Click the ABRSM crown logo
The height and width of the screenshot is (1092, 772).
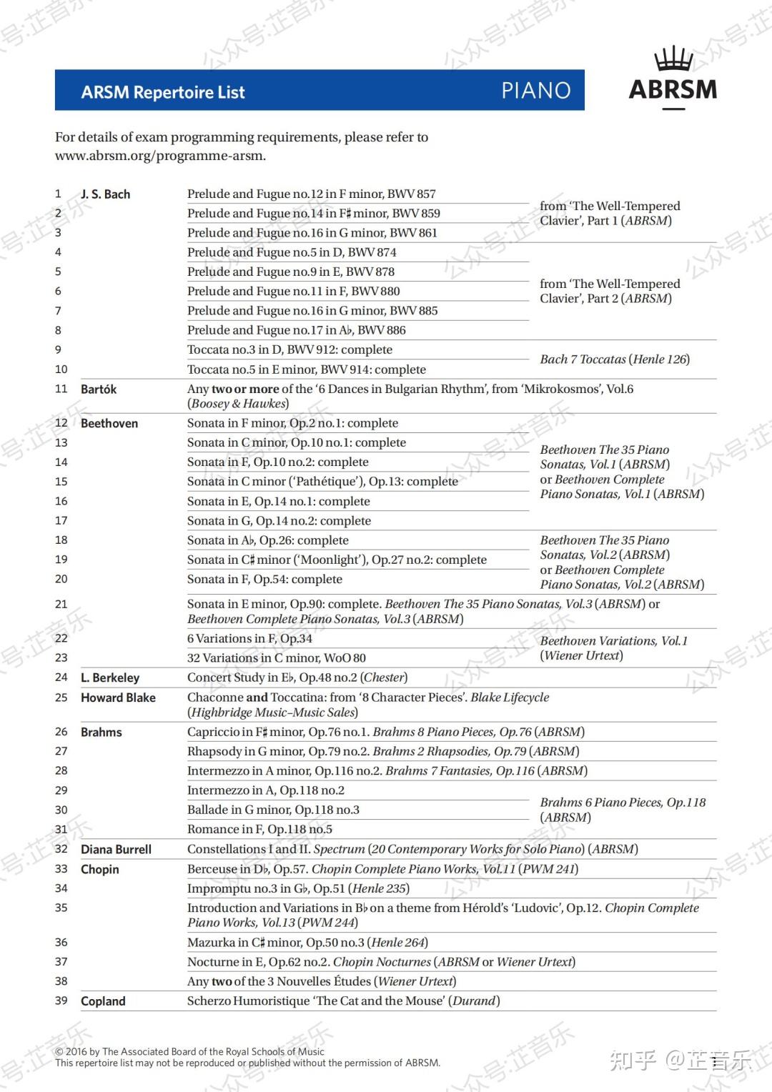[x=673, y=78]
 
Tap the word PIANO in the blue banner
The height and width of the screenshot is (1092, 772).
[x=535, y=91]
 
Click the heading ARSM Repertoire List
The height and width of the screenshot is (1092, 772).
[x=163, y=92]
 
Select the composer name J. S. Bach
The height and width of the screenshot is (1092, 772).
[x=105, y=194]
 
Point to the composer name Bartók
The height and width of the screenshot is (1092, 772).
[x=99, y=389]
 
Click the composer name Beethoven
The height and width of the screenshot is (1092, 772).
[x=109, y=424]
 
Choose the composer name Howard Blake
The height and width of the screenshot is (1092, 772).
[x=118, y=698]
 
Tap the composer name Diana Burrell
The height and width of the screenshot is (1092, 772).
[x=116, y=850]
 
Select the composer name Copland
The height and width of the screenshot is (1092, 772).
[x=103, y=1001]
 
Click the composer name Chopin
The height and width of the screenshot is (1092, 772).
[x=100, y=870]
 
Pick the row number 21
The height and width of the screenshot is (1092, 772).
[x=61, y=605]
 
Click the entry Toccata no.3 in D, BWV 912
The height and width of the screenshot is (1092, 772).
[x=289, y=350]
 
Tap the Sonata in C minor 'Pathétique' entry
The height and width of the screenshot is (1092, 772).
[x=322, y=482]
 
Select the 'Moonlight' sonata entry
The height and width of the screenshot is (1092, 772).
[x=337, y=560]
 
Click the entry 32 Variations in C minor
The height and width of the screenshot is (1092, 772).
[x=276, y=658]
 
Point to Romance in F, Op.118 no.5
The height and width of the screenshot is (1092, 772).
[x=259, y=830]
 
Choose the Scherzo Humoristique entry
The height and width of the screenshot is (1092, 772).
[x=343, y=1001]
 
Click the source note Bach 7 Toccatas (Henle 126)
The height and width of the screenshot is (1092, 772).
[x=615, y=359]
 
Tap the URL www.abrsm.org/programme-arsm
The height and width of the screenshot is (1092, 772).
[x=160, y=156]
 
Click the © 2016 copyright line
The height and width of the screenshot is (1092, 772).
[x=189, y=1052]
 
